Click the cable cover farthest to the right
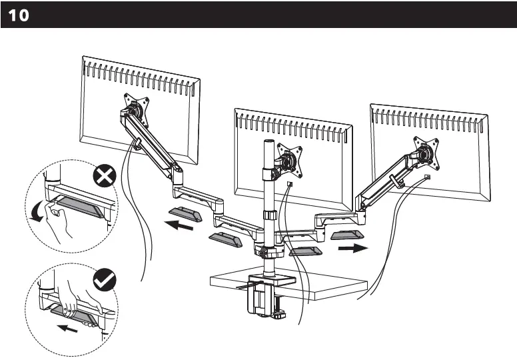[347, 235]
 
